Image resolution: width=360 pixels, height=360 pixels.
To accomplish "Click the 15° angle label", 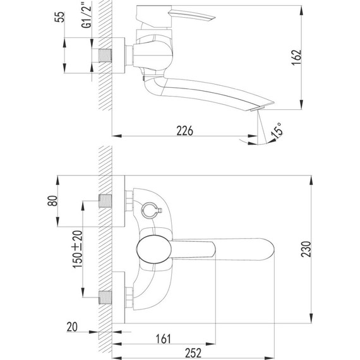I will pyautogui.click(x=276, y=131).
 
